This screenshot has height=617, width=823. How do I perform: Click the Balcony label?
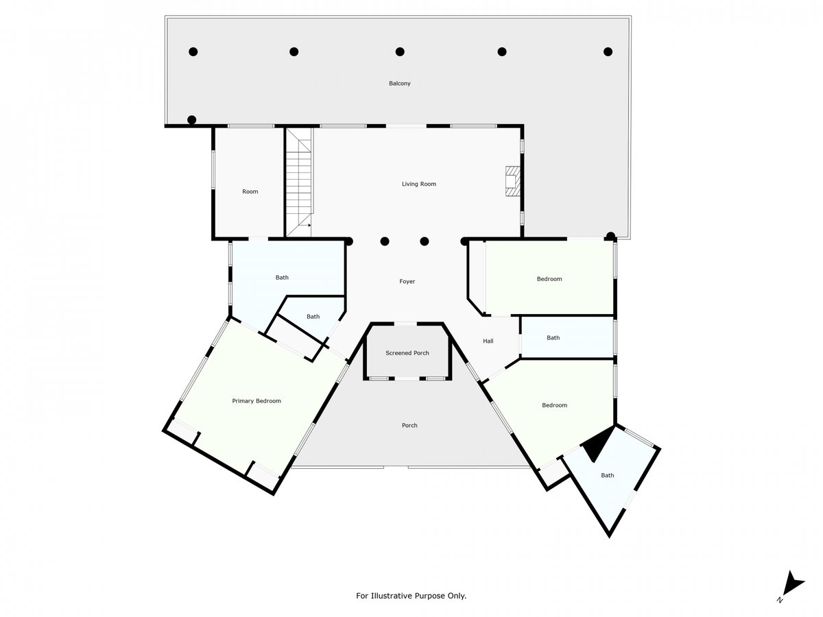point(399,83)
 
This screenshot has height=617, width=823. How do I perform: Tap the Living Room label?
point(419,184)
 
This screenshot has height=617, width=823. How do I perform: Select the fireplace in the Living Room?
point(512,181)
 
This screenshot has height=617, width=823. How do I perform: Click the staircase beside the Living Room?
point(299,182)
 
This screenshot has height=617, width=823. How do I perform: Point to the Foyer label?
point(407,281)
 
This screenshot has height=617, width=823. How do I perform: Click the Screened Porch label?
point(407,353)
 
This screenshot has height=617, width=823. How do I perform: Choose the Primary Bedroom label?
point(257,401)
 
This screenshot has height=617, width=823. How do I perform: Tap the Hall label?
point(488,341)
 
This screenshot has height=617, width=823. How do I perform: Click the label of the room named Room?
point(250,191)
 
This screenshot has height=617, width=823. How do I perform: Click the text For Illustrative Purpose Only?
point(411,595)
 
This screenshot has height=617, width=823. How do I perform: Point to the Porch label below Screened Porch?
point(409,425)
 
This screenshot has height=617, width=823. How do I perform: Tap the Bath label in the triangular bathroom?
point(608,475)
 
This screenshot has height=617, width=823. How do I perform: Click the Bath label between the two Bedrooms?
point(553,337)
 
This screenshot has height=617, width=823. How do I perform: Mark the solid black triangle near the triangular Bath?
point(597,444)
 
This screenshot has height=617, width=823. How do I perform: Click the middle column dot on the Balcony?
point(400,51)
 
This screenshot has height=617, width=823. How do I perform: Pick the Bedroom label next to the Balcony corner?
point(549,279)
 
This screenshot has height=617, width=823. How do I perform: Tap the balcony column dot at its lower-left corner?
point(191,120)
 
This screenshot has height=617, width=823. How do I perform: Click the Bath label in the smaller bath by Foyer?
point(313,317)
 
